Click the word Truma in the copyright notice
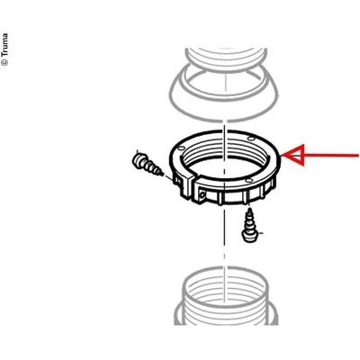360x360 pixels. pos(4,45)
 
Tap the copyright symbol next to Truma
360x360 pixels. pos(4,62)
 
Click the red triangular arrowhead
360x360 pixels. pos(294,156)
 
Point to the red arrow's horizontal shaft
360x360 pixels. pos(330,156)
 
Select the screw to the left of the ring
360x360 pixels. pos(147,165)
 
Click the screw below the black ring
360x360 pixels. pos(250,227)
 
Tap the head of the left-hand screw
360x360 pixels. pos(138,159)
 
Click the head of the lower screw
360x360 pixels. pos(250,237)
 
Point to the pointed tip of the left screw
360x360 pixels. pos(162,175)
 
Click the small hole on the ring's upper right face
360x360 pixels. pos(251,139)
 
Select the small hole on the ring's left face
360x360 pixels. pos(181,148)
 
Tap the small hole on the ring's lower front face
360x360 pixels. pos(247,181)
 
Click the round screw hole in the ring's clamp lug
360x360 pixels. pos(202,194)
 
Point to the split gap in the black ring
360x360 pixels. pos(193,184)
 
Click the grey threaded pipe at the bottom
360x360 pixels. pos(225,295)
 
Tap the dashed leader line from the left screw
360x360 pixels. pos(168,177)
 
